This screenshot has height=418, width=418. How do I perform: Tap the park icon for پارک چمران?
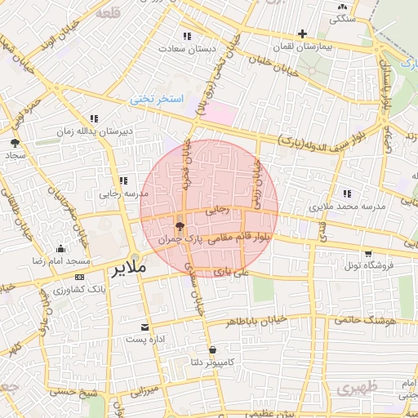180,226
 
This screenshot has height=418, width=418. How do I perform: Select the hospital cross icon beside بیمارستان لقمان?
303,34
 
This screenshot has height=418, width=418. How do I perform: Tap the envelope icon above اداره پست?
145,326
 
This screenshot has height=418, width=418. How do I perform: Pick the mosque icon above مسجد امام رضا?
60,248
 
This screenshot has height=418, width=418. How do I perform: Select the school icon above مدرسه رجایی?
122,180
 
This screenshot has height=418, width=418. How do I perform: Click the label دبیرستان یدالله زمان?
95,131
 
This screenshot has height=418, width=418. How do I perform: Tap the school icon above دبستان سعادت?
188,36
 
